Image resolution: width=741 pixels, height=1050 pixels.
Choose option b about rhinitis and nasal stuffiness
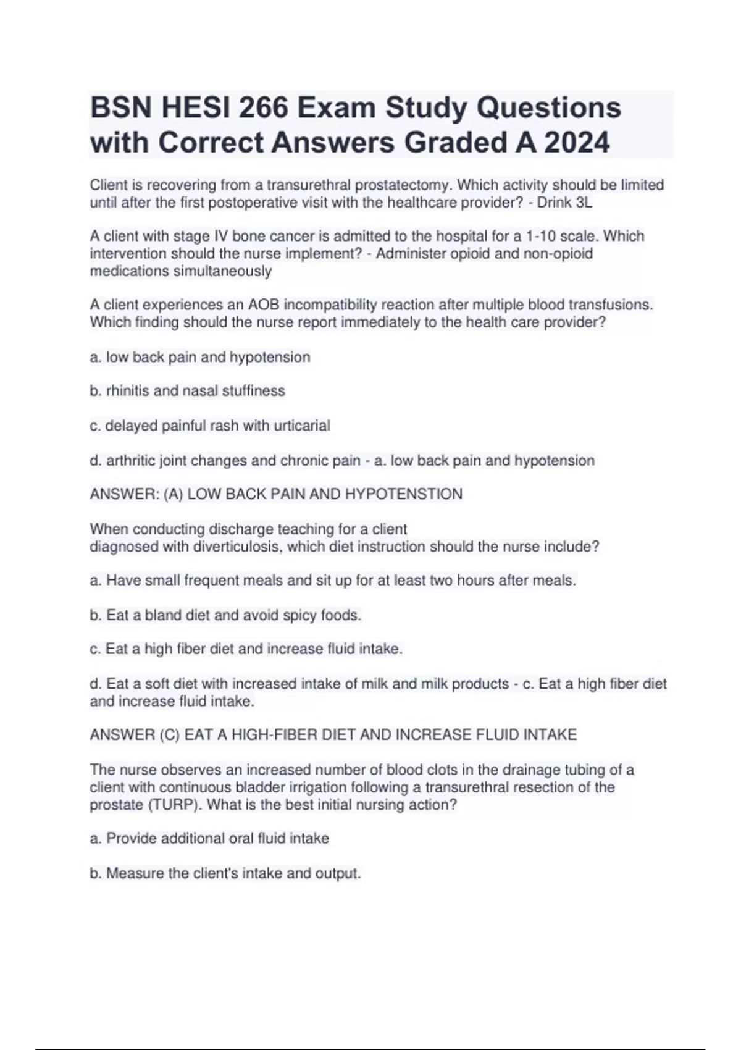coord(188,391)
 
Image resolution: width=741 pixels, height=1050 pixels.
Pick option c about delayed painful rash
coord(210,426)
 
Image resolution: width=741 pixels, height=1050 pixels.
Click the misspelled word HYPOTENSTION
coord(403,494)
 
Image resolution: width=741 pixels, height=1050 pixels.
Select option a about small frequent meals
coord(333,581)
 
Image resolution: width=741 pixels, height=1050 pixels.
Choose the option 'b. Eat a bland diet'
coord(225,615)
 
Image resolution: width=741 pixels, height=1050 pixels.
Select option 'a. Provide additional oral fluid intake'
coord(209,838)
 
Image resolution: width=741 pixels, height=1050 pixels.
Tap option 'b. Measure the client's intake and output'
coord(225,873)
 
